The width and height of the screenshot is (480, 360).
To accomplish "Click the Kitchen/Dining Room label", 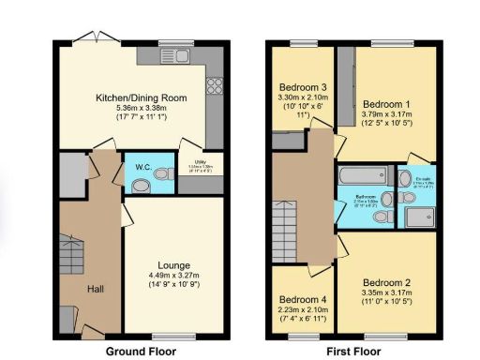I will click(x=142, y=97).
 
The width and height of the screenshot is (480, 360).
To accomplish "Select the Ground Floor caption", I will click(x=141, y=352).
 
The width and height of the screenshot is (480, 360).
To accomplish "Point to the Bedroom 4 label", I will click(x=302, y=301).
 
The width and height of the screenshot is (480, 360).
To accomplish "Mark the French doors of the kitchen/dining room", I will click(x=89, y=38).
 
